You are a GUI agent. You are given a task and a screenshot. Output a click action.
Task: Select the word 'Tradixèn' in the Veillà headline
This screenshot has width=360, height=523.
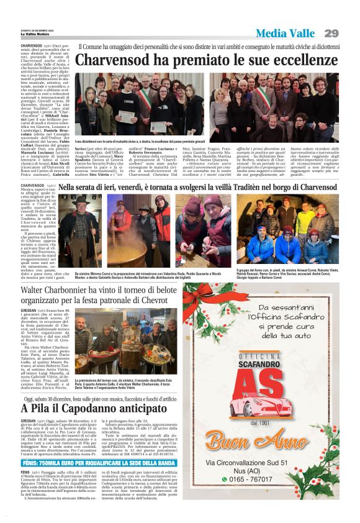click(x=253, y=187)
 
